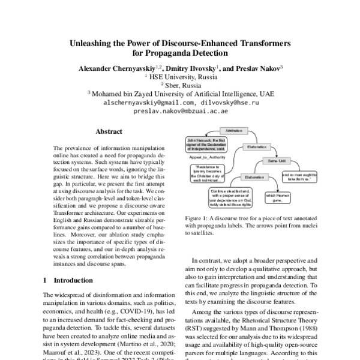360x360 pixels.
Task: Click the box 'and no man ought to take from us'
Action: (x=298, y=176)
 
